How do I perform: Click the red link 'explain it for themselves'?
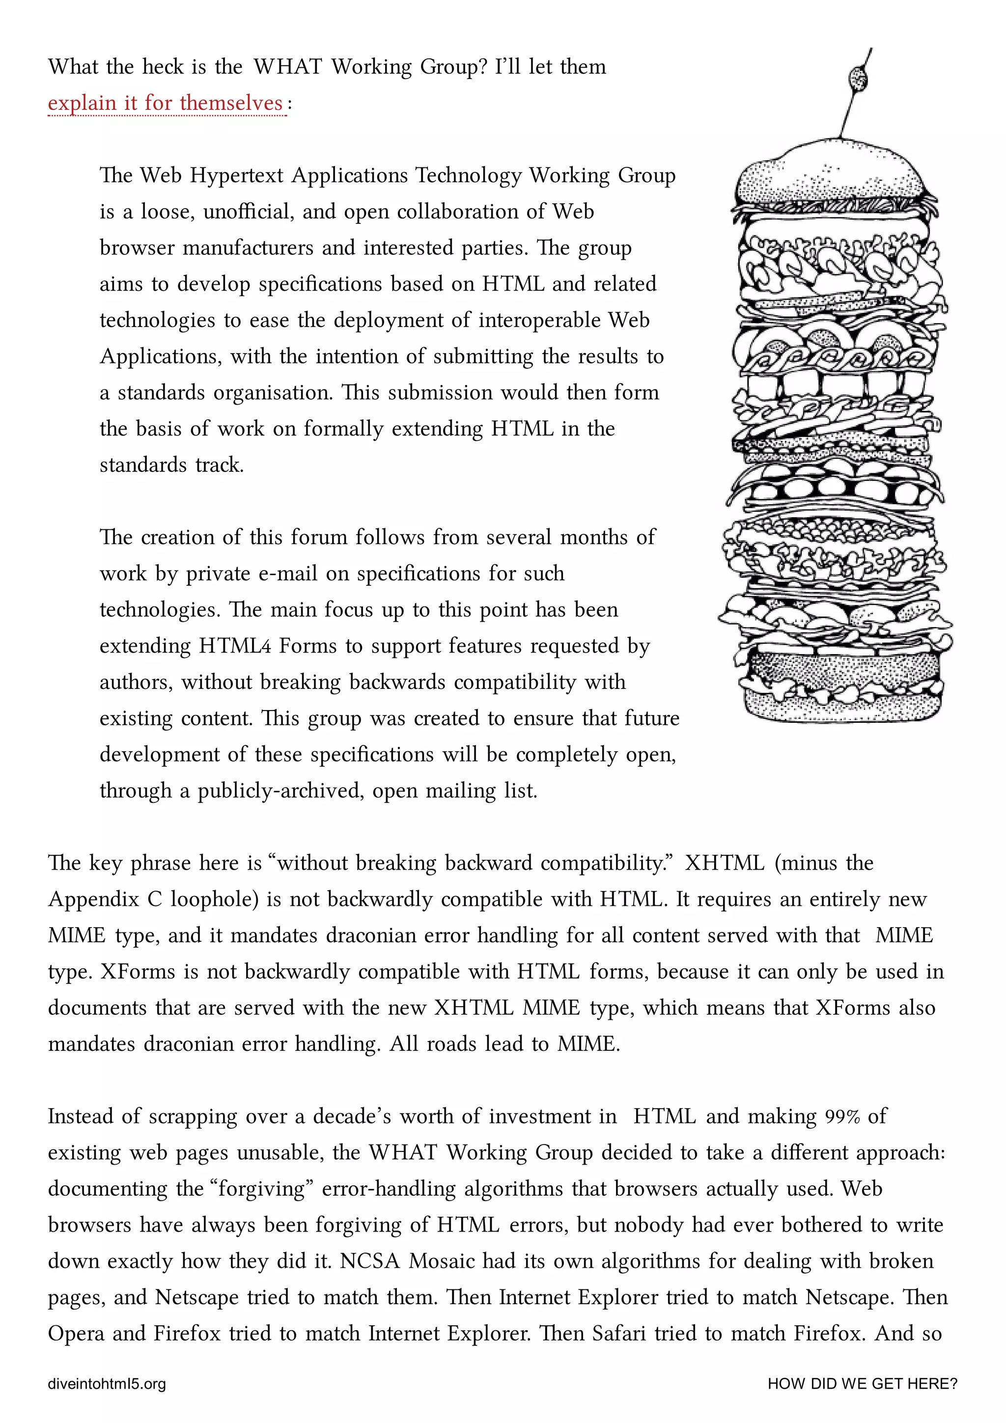[166, 103]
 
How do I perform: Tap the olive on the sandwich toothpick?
[858, 78]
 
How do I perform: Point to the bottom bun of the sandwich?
[843, 707]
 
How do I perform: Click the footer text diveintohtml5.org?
[107, 1383]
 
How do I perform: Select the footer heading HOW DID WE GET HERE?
[862, 1383]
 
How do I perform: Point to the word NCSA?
[369, 1260]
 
